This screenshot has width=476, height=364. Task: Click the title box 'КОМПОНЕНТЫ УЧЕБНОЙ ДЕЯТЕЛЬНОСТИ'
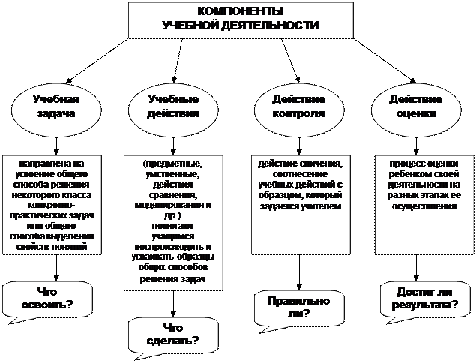coord(239,19)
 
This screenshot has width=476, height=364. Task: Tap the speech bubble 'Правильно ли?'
coord(298,306)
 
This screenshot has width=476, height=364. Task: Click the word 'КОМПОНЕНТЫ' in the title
coord(240,13)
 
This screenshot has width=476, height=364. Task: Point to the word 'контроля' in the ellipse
coord(298,115)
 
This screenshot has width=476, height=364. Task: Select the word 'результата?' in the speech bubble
coord(420,306)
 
